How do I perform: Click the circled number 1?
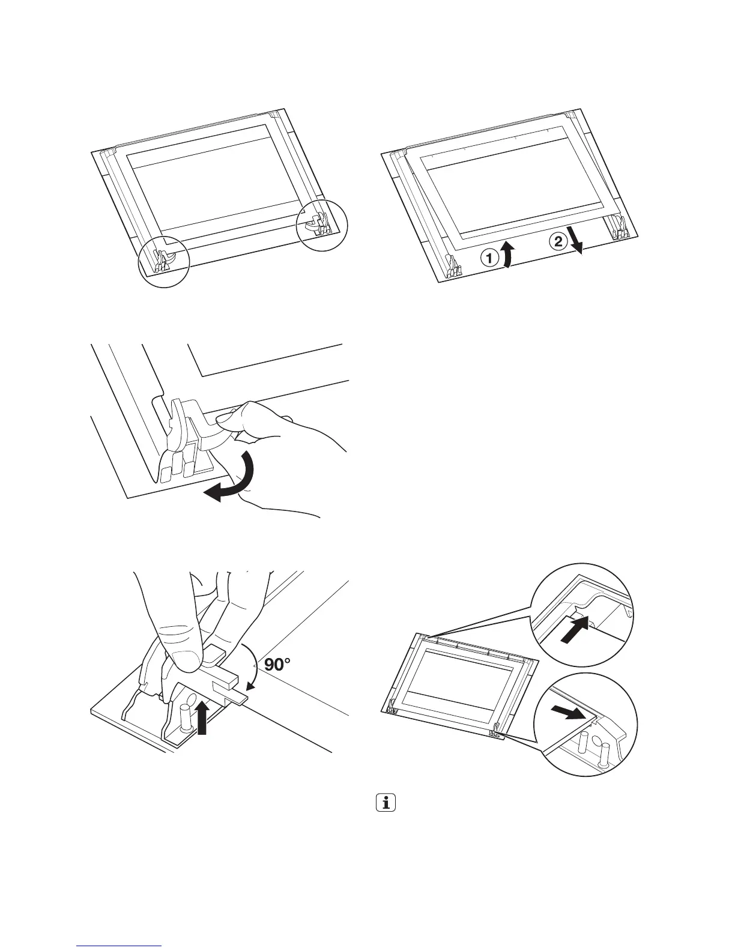tap(489, 258)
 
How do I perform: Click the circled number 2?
tap(557, 242)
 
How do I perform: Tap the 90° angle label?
tap(276, 665)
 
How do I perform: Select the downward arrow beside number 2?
tap(577, 244)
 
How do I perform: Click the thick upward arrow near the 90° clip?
tap(204, 718)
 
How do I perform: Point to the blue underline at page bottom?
tap(120, 946)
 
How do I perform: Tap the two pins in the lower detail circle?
tap(594, 744)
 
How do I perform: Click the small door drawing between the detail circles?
tap(456, 678)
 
